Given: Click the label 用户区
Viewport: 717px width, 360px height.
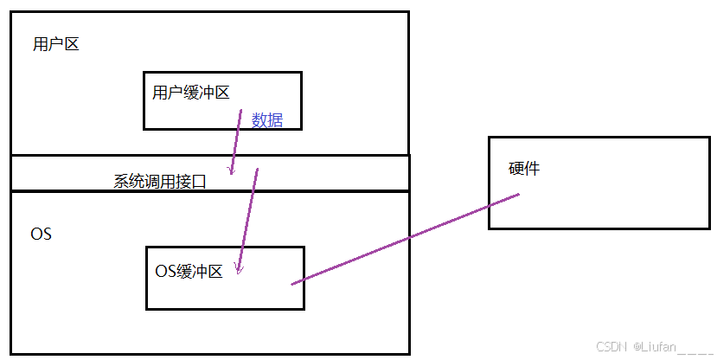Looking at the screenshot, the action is coord(55,44).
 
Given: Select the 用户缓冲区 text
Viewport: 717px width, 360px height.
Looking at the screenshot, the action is coord(190,93).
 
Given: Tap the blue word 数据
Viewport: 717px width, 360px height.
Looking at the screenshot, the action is coord(266,120).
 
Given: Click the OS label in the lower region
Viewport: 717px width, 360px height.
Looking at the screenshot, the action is coord(41,235).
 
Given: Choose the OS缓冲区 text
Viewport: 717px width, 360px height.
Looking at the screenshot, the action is coord(189,271).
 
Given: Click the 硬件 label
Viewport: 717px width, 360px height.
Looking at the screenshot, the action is coord(524,169).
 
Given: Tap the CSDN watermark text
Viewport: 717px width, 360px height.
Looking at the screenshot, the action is coord(611,346).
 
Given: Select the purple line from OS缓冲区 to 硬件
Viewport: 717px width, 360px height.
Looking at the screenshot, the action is coord(407,238).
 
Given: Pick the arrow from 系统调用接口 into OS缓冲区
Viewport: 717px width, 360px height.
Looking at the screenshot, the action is coord(247,221).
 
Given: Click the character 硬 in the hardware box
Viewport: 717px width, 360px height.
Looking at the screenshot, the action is coord(516,169).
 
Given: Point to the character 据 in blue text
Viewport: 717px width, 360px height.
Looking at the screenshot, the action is coord(274,120).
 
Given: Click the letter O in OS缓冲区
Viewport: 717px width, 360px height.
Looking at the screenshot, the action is coord(160,271).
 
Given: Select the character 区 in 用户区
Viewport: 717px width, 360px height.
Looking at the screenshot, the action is coord(71,44).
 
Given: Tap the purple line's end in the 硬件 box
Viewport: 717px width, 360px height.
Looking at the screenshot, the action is coord(517,195).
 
